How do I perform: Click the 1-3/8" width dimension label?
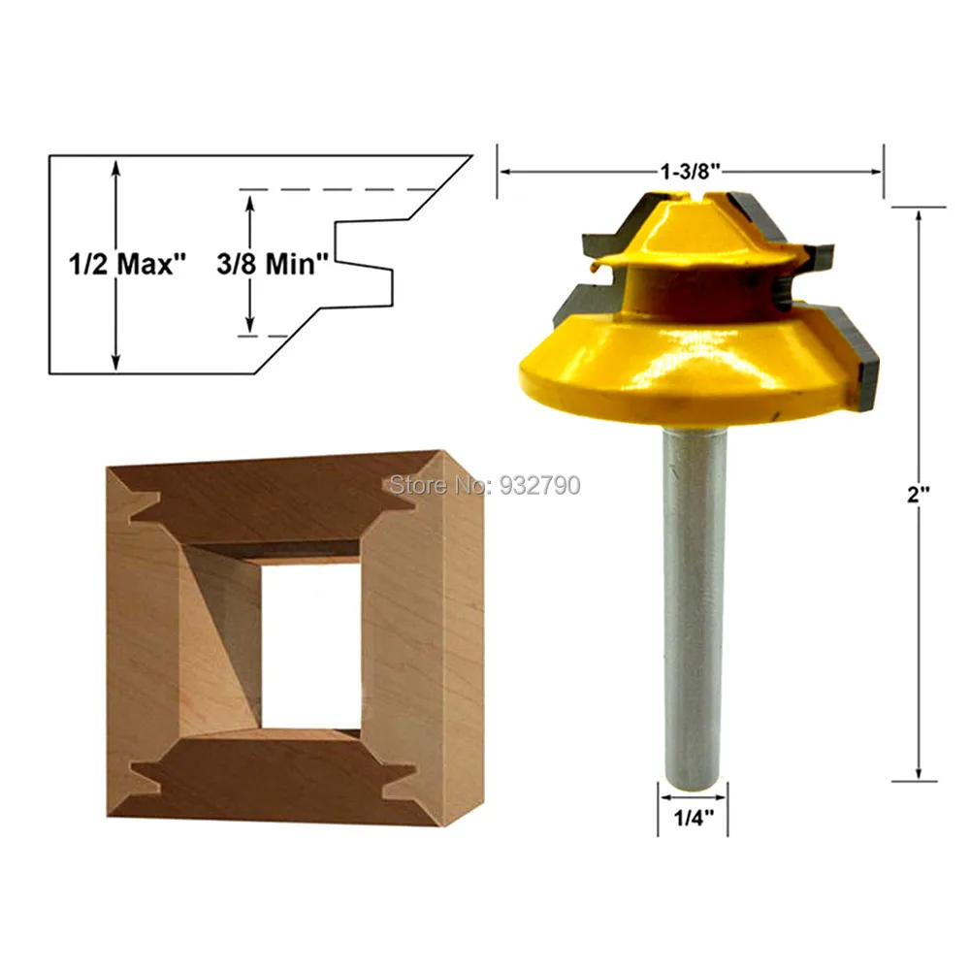(x=691, y=172)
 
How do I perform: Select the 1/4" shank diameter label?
(x=694, y=817)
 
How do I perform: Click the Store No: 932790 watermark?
(x=484, y=484)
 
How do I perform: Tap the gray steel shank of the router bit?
(x=694, y=601)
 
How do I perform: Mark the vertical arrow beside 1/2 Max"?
(x=116, y=264)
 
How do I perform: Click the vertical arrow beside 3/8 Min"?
(x=251, y=264)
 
